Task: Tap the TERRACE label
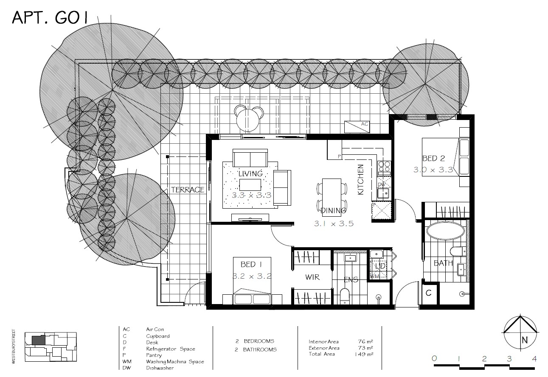click(x=188, y=190)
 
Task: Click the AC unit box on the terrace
click(x=357, y=126)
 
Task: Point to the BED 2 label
click(x=433, y=159)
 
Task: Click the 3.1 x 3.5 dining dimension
click(x=334, y=223)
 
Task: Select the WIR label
click(x=312, y=277)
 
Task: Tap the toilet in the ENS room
click(x=345, y=296)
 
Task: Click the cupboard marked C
click(x=429, y=293)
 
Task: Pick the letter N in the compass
click(x=524, y=340)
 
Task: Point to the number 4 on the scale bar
click(x=534, y=359)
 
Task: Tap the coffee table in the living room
click(x=250, y=185)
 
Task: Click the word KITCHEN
click(x=361, y=180)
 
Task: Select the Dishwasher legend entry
click(x=160, y=368)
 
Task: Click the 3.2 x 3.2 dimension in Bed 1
click(x=251, y=276)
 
